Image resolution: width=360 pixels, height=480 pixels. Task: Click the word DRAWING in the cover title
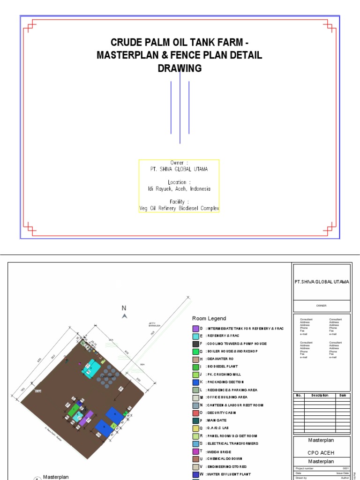(180, 68)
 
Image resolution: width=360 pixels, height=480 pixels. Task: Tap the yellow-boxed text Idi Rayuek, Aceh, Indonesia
(179, 189)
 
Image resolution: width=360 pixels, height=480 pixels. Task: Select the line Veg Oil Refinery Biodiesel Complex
(179, 208)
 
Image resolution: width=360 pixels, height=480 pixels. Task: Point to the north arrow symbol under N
(124, 316)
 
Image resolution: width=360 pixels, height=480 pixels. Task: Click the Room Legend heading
(209, 318)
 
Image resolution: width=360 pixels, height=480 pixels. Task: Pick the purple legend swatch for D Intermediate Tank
(195, 329)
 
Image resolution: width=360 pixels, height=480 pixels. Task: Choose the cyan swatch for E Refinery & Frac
(195, 336)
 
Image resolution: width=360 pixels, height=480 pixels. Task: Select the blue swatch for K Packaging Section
(195, 382)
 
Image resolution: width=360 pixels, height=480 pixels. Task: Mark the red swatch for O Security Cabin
(195, 413)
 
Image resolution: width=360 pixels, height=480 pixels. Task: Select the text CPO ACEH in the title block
(321, 452)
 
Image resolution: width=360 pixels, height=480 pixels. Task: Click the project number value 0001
(346, 468)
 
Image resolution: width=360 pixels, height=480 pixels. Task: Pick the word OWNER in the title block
(321, 306)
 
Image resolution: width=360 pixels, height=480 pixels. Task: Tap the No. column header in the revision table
(298, 395)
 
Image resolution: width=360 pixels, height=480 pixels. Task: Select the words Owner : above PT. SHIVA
(179, 163)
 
